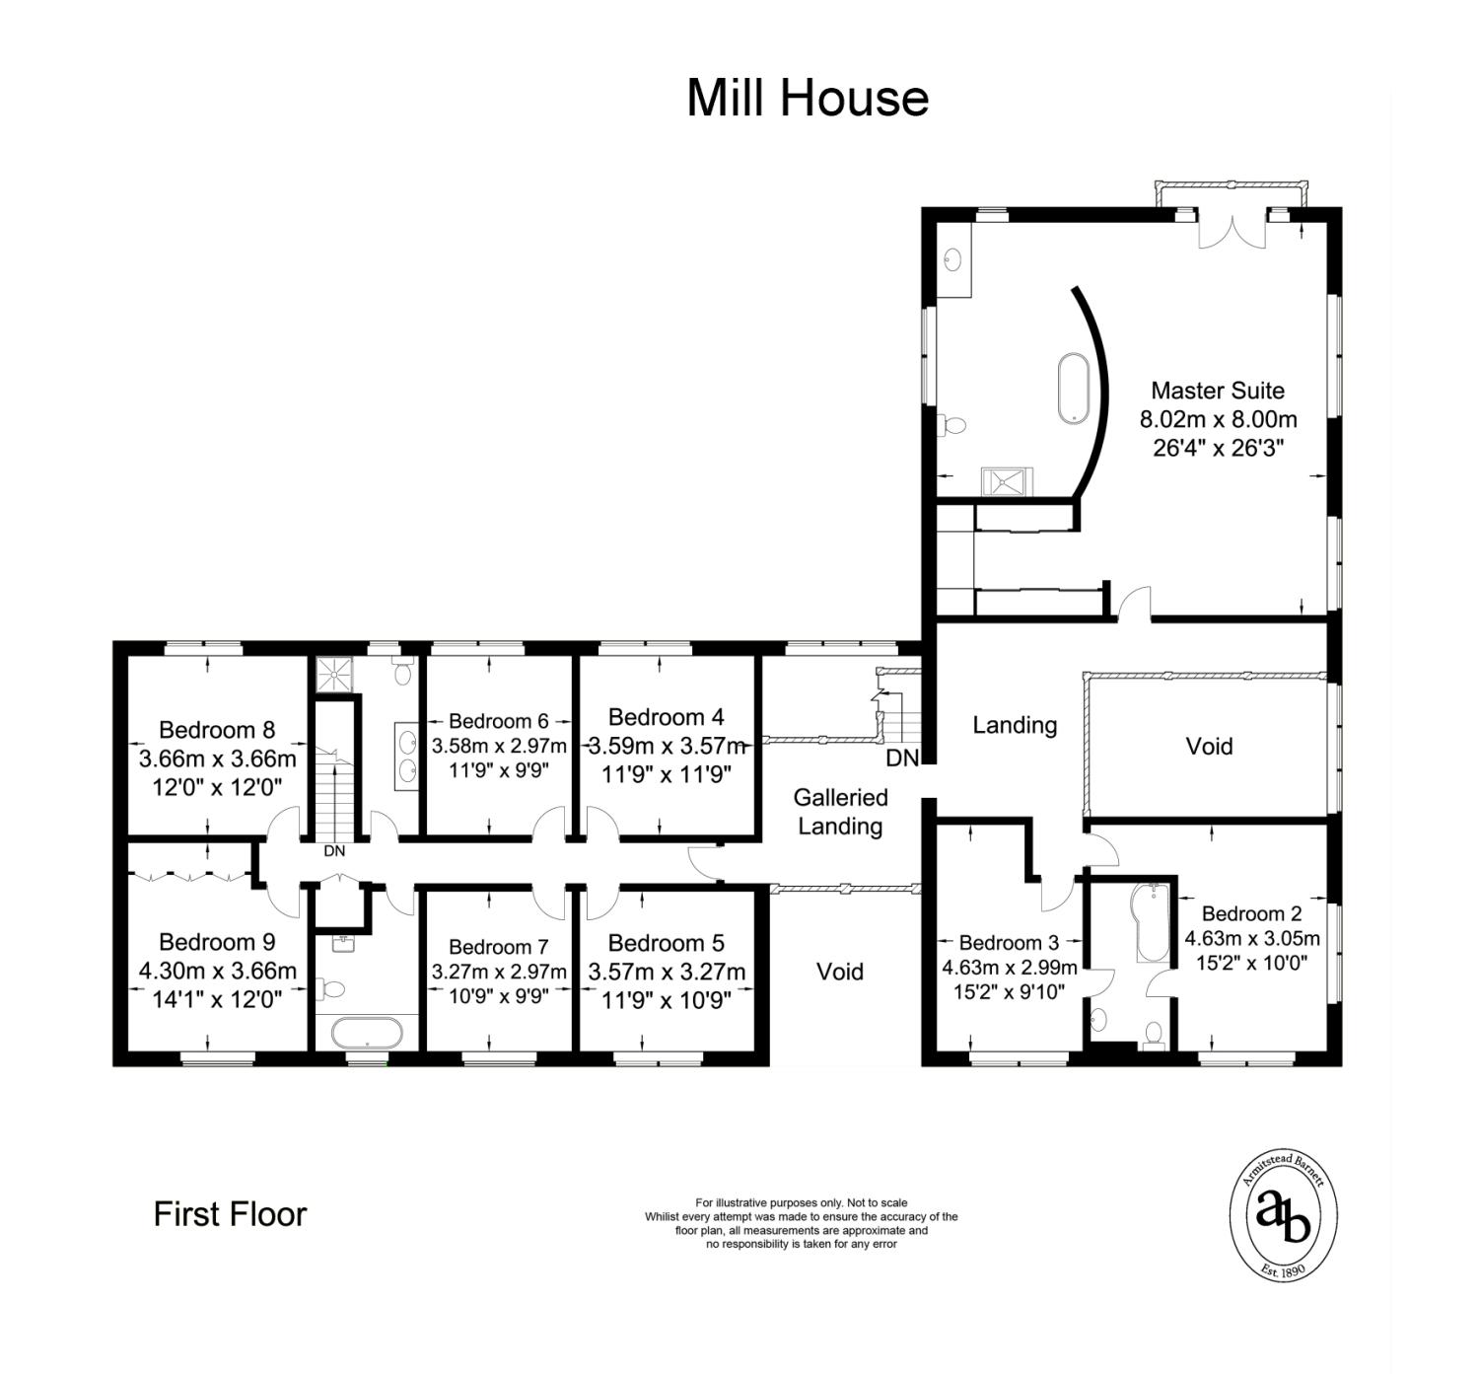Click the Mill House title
click(808, 99)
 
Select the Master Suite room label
click(1218, 391)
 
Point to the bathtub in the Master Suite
click(1073, 389)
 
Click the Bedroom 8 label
click(217, 730)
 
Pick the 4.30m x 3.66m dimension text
click(218, 971)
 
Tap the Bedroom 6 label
click(498, 721)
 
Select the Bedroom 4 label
click(666, 717)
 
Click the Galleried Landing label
click(840, 812)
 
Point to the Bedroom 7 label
click(498, 947)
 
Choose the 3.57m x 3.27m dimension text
click(667, 972)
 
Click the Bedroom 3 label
click(1009, 943)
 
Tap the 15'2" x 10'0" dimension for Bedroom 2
click(1252, 964)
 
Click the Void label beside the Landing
click(1209, 746)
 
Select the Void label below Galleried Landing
click(839, 972)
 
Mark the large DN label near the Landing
click(902, 759)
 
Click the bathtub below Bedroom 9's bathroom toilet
click(367, 1034)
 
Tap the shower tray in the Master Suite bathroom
click(1007, 481)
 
